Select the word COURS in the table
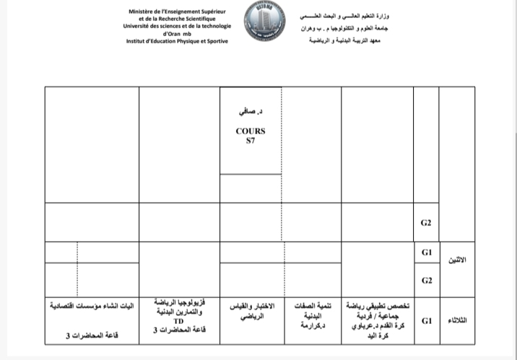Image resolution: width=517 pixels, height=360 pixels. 251,131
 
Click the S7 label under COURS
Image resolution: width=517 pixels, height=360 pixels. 251,141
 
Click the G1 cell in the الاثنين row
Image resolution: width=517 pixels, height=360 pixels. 426,253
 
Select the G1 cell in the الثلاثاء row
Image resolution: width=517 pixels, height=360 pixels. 426,320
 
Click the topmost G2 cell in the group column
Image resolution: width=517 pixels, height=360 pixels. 426,223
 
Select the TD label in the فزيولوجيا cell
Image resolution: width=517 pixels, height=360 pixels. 179,322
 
